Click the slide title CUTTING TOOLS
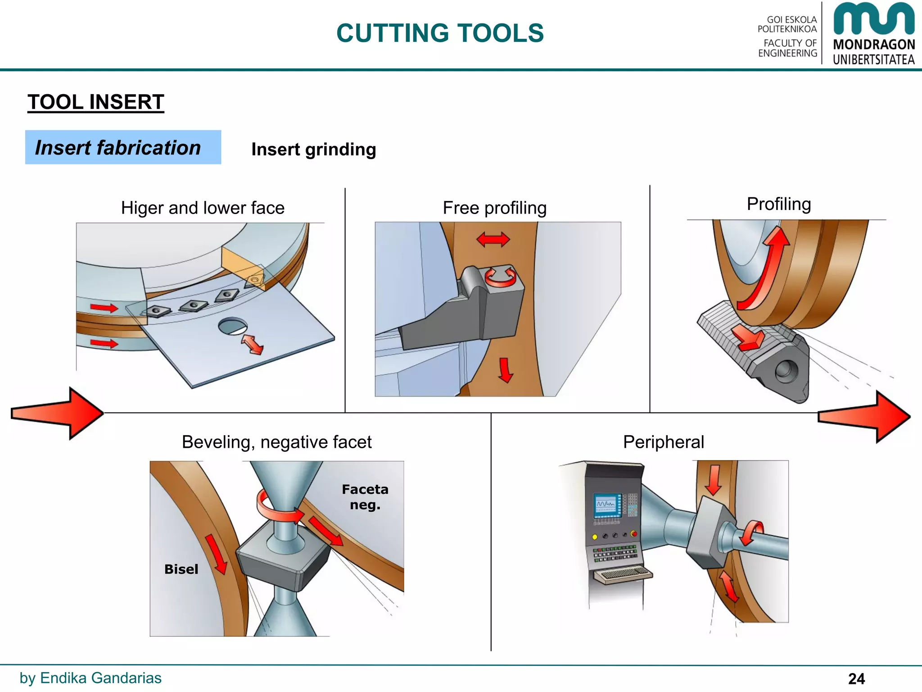440,33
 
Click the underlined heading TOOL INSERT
95,102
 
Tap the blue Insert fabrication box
123,147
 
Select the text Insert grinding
313,150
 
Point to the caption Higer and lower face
203,208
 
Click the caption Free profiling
494,208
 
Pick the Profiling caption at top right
778,204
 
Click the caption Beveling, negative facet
276,442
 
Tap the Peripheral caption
663,442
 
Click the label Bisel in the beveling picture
181,569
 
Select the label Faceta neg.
365,497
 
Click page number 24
856,678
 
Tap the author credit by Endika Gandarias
90,678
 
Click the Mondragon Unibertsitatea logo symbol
873,19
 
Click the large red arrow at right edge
864,417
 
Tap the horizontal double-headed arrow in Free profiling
493,239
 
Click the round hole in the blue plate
232,326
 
